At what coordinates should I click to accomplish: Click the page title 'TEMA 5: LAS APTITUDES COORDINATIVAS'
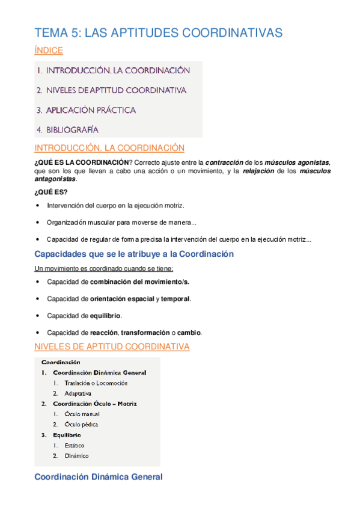coord(158,33)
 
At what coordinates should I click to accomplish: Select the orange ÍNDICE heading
coord(49,51)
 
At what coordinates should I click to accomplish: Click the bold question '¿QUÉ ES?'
coord(52,192)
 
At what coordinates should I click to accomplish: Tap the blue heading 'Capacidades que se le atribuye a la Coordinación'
coord(134,254)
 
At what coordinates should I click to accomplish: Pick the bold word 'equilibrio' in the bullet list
coord(105,315)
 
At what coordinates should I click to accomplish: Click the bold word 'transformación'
coord(146,332)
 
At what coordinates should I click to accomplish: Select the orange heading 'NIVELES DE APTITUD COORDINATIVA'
coord(112,347)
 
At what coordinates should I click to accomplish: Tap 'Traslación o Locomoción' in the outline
coord(96,383)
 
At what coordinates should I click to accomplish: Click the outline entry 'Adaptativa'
coord(78,393)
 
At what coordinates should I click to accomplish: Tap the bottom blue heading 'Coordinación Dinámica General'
coord(99,477)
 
